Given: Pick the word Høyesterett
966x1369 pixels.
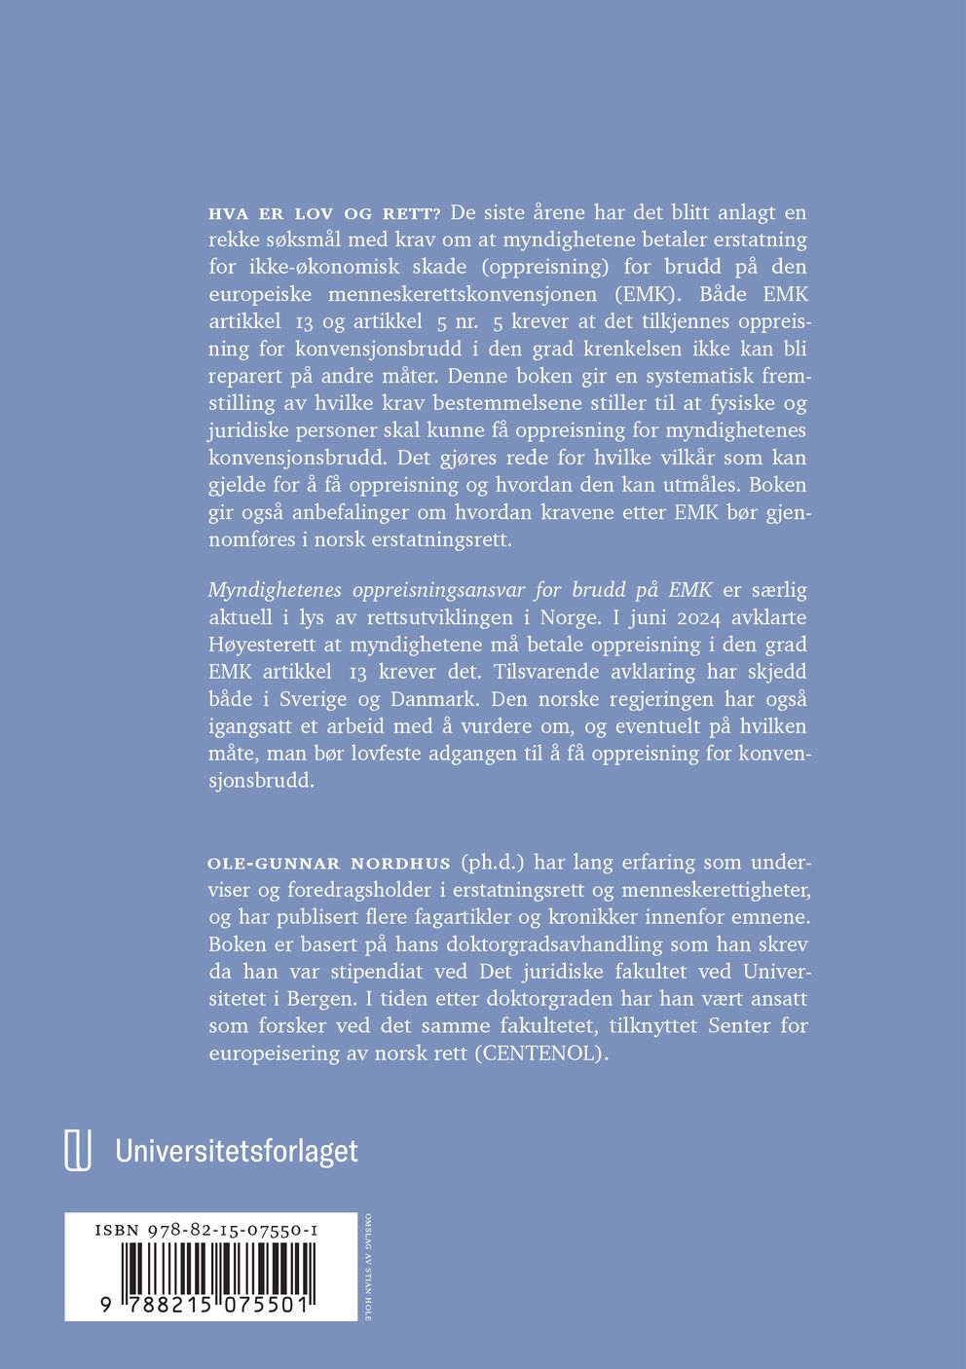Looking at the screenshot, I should pos(261,645).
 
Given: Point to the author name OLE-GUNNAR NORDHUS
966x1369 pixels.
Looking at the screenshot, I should pos(329,864).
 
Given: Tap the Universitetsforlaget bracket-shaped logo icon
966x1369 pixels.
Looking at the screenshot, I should pos(78,1151).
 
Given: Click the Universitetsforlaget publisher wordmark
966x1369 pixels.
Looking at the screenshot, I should pos(237,1152).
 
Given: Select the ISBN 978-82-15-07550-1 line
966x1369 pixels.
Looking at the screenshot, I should pos(206,1231).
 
